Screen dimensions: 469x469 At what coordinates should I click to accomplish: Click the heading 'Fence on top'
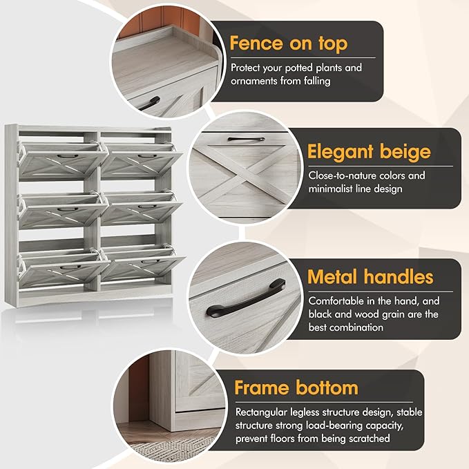click(289, 44)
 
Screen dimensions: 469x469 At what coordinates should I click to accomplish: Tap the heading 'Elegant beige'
click(369, 152)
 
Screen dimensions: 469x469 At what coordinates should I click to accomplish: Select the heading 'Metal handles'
click(370, 277)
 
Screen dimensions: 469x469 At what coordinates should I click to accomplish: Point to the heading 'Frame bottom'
click(296, 387)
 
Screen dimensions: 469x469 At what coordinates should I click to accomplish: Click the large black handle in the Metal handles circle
click(245, 299)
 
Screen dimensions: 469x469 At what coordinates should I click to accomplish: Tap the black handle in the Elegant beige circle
click(246, 139)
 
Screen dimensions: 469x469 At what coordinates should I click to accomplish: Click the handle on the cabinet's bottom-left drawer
click(70, 267)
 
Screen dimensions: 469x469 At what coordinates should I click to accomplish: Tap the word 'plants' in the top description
click(328, 68)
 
